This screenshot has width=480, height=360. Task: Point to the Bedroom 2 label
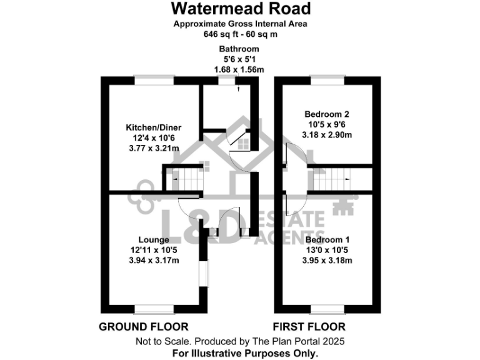coord(326,114)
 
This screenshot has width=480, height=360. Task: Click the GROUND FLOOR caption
coord(144,327)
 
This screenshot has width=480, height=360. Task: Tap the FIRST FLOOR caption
coord(309,327)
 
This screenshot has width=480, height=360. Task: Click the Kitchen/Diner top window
coord(154,79)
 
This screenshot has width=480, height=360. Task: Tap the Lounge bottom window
coord(154,307)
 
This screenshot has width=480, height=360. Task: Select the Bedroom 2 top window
coord(327,79)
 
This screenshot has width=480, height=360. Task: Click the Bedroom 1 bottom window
coord(327,307)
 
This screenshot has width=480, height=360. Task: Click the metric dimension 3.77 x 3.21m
coord(154,148)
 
